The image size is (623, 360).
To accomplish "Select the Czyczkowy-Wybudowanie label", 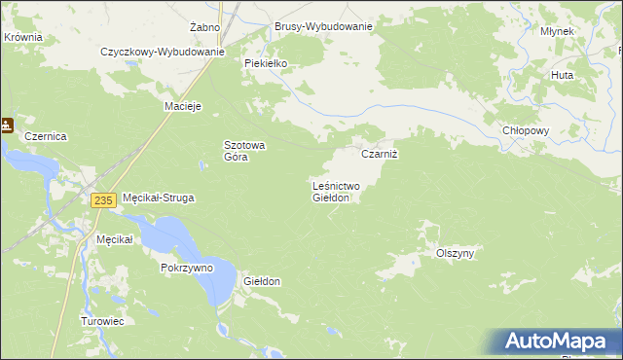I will click(x=163, y=52).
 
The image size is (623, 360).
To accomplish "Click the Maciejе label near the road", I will click(x=183, y=106).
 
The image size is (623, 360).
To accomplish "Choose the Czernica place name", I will click(x=46, y=137).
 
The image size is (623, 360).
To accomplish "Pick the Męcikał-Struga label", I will click(x=158, y=198).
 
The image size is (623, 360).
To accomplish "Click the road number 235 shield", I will click(x=105, y=199).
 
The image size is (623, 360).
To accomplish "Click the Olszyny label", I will click(x=455, y=253).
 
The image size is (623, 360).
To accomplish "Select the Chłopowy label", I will click(x=526, y=130).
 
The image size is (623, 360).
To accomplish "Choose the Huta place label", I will click(x=562, y=74).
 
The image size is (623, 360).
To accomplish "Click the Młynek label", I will click(x=558, y=31).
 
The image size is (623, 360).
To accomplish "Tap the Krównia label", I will click(x=22, y=36).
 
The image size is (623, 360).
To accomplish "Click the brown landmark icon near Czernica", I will click(x=7, y=125).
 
